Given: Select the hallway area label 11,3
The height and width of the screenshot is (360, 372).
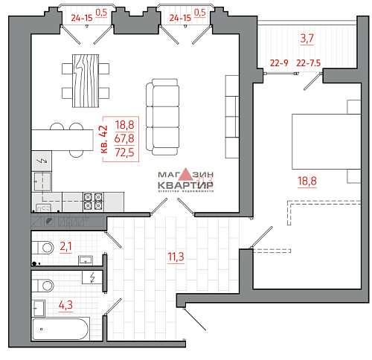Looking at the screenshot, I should pyautogui.click(x=176, y=258).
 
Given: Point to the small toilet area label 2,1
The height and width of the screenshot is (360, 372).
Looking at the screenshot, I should pyautogui.click(x=66, y=245).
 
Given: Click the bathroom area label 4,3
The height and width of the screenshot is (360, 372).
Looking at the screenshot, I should pyautogui.click(x=66, y=304).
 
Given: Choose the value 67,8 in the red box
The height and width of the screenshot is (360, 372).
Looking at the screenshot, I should pyautogui.click(x=125, y=138).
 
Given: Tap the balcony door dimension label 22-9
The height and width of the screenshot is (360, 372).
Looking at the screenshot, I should pyautogui.click(x=279, y=63).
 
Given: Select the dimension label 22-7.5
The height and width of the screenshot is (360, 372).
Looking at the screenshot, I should pyautogui.click(x=307, y=63).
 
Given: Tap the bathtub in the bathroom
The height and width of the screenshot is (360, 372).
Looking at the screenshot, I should pyautogui.click(x=60, y=329).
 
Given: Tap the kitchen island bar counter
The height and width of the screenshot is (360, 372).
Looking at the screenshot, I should pyautogui.click(x=60, y=138).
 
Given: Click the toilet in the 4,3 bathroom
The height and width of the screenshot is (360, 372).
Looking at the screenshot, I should pyautogui.click(x=45, y=283).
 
